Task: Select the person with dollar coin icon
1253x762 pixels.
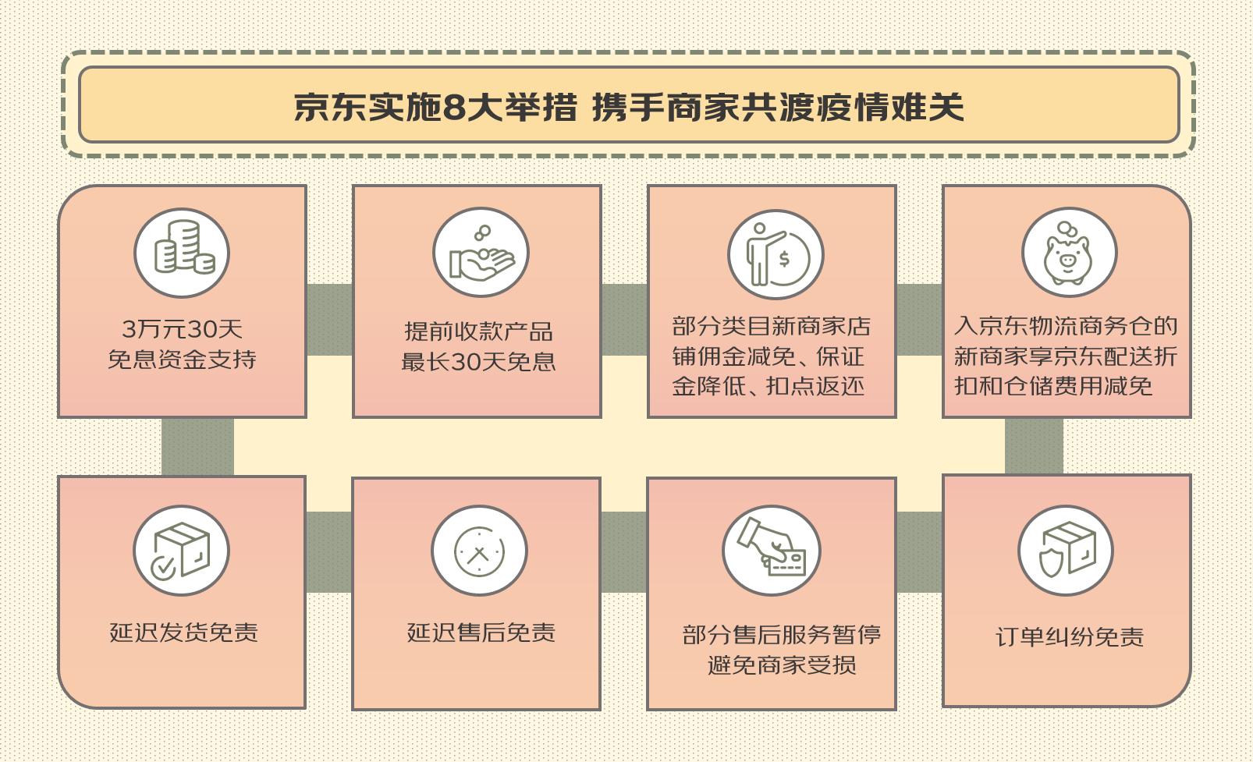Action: (776, 255)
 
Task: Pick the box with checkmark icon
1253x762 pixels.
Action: (181, 551)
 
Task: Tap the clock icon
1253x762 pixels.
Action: (479, 551)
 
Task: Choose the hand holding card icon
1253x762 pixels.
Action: (772, 547)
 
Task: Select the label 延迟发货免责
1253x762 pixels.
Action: (183, 633)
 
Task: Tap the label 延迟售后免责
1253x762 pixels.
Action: (481, 633)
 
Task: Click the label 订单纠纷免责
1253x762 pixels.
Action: (1070, 636)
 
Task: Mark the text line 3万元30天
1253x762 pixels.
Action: (182, 328)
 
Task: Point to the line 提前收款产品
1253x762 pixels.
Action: (478, 331)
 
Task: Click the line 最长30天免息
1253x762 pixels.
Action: (478, 362)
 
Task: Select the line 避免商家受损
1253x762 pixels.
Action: (782, 665)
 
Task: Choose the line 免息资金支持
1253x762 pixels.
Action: (182, 359)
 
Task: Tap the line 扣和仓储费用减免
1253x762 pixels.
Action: (1053, 386)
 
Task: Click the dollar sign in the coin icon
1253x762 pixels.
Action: (784, 259)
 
